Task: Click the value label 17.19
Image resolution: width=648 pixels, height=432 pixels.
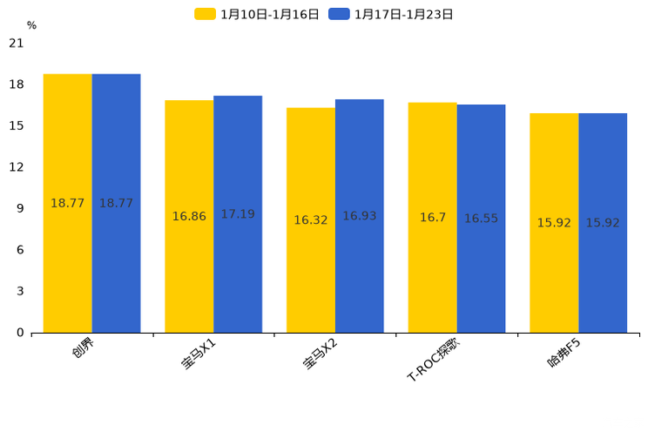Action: click(x=238, y=214)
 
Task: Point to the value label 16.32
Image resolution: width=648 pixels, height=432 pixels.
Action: click(x=311, y=220)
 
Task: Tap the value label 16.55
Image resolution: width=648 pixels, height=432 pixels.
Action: click(x=481, y=219)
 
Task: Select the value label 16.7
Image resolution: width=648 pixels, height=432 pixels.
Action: click(x=433, y=218)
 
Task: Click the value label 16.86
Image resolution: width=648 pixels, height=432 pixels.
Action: click(x=189, y=217)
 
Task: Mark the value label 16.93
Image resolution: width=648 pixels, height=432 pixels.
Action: click(x=360, y=216)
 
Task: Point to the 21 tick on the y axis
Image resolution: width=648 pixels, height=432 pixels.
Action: click(x=17, y=43)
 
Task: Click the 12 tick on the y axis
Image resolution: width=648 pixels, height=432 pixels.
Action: click(x=17, y=167)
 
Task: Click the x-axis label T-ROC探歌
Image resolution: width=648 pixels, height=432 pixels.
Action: click(x=433, y=361)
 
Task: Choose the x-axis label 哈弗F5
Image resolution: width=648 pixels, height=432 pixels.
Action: click(x=564, y=354)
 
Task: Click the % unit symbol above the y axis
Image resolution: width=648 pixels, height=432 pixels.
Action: click(x=31, y=26)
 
